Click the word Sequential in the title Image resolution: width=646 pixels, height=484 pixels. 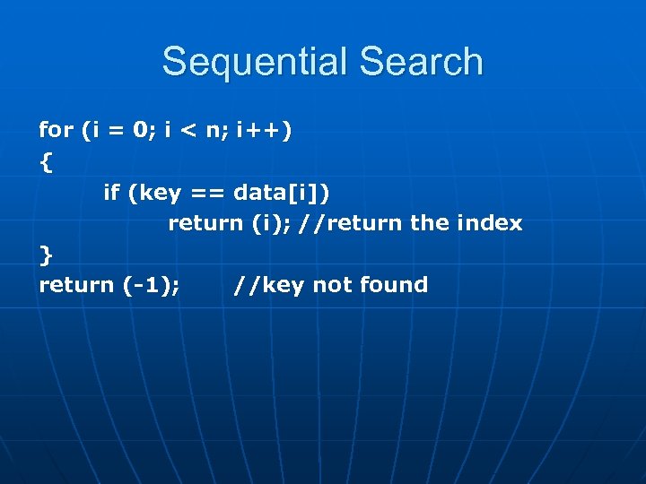point(254,62)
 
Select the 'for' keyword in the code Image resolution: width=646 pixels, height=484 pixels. point(56,130)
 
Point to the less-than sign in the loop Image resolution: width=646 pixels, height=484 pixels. point(188,131)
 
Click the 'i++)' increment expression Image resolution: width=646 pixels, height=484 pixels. point(263,131)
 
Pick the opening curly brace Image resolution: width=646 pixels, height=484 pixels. point(46,162)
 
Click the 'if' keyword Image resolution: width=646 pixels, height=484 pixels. point(111,192)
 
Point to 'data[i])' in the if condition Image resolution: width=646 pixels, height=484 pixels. point(286,192)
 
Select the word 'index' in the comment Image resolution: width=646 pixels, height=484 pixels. point(492,223)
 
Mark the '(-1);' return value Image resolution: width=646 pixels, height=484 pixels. point(150,285)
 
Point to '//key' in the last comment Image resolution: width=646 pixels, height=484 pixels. point(268,285)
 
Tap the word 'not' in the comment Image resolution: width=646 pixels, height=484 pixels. point(332,285)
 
